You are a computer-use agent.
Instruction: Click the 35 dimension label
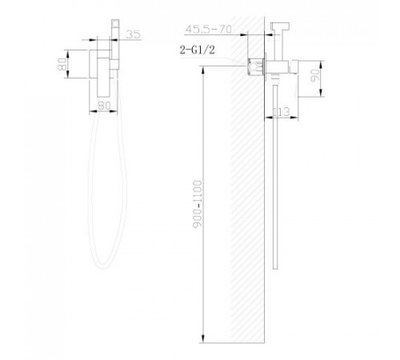coord(134,34)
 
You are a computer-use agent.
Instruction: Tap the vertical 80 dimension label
coord(62,64)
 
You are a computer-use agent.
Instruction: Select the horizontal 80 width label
coord(104,106)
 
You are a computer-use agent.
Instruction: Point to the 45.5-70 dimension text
coord(209,29)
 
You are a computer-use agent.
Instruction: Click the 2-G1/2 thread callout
coord(197,50)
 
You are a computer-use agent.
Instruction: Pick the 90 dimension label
coord(315,75)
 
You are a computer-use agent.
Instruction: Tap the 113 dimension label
coord(282,112)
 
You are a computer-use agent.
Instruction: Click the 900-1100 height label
coord(198,204)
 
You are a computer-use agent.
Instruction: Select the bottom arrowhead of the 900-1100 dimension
coord(203,338)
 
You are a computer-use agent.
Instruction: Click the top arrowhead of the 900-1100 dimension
coord(203,70)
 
